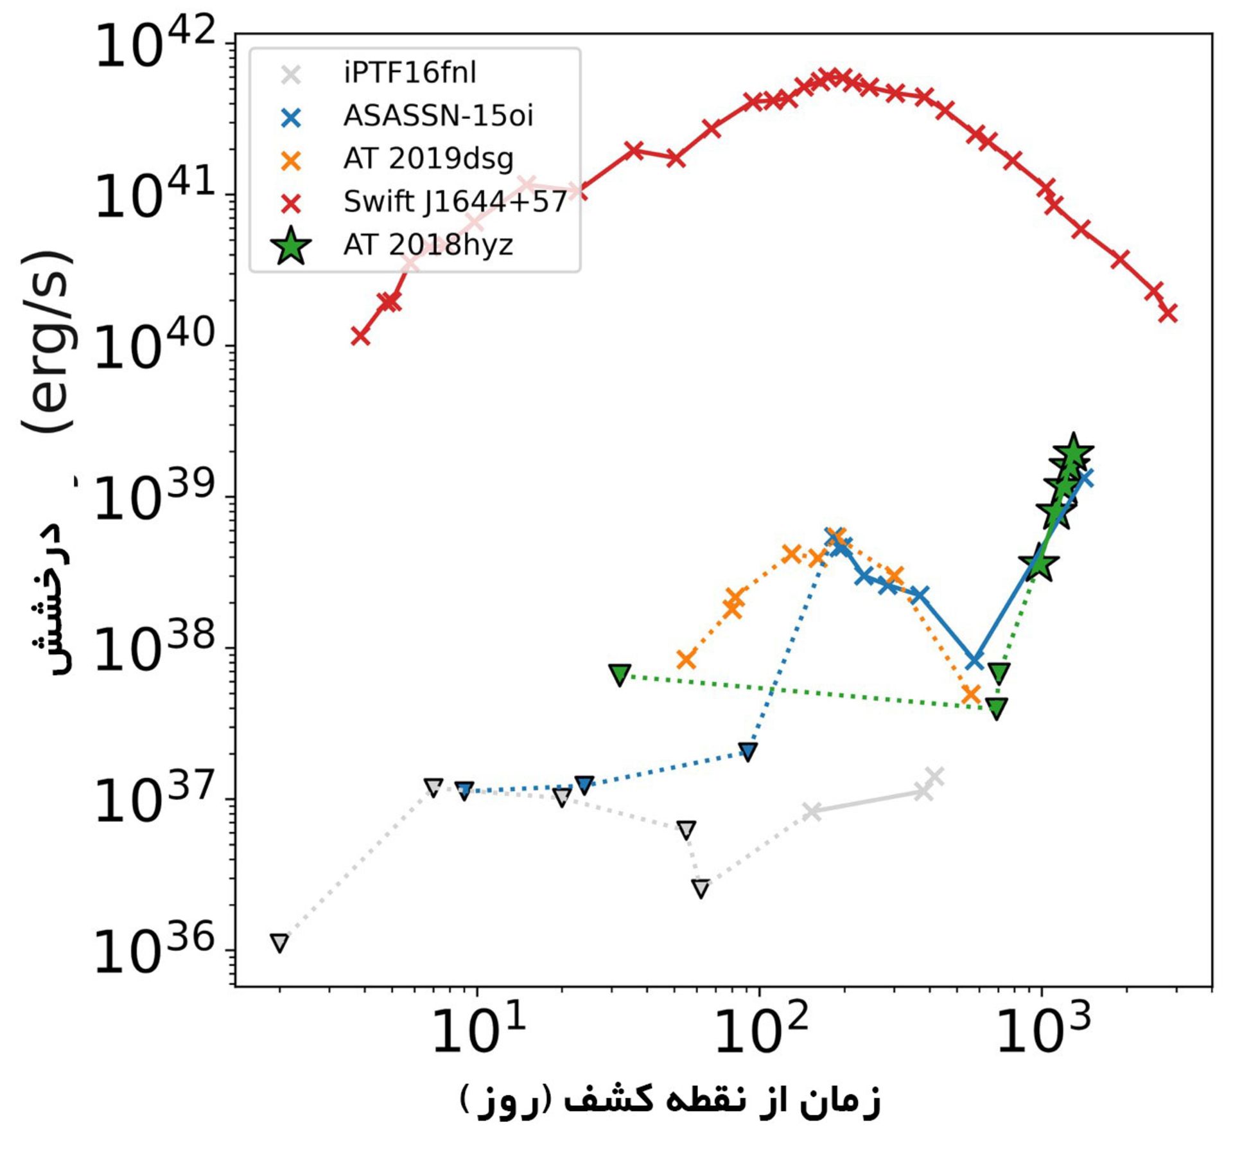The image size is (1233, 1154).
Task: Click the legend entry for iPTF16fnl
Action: pyautogui.click(x=410, y=73)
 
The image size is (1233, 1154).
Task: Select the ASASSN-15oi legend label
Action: pyautogui.click(x=438, y=116)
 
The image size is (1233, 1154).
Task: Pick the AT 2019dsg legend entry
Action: pyautogui.click(x=428, y=159)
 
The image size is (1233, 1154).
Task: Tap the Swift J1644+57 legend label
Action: pyautogui.click(x=455, y=202)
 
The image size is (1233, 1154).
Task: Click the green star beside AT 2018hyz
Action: pyautogui.click(x=292, y=245)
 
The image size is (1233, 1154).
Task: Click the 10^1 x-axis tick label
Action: pyautogui.click(x=478, y=1029)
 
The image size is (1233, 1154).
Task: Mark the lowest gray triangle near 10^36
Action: pyautogui.click(x=279, y=943)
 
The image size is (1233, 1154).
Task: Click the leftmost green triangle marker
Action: pyautogui.click(x=620, y=675)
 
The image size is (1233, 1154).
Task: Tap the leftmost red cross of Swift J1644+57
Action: pyautogui.click(x=360, y=336)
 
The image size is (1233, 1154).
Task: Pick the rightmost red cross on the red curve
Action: pyautogui.click(x=1168, y=313)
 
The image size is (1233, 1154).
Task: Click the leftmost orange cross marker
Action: pyautogui.click(x=686, y=659)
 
